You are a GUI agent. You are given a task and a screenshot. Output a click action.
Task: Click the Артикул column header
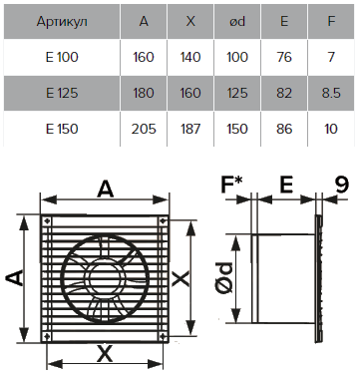[x=62, y=22]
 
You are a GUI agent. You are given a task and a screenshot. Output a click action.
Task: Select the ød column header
[x=237, y=21]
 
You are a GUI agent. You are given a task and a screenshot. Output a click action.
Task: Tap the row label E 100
[x=62, y=57]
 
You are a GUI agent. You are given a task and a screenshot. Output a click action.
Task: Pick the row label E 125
[x=62, y=93]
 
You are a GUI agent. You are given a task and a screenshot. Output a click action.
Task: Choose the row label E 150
[x=62, y=129]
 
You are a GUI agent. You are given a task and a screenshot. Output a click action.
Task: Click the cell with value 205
[x=144, y=129]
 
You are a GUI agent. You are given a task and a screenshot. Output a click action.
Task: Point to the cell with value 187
[x=190, y=129]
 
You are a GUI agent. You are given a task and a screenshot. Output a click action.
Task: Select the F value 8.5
[x=331, y=93]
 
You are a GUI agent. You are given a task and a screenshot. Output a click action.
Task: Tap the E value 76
[x=284, y=57]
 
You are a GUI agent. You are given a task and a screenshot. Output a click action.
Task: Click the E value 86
[x=284, y=129]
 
